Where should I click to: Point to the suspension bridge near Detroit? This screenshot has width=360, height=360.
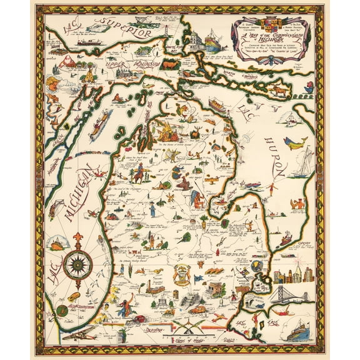[289, 295]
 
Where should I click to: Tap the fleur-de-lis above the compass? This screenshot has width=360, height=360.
[78, 239]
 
